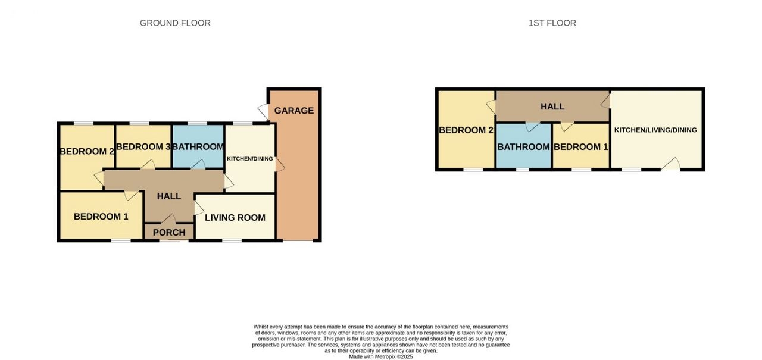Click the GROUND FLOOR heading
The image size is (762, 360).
tap(175, 23)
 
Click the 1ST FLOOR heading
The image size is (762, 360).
tap(552, 23)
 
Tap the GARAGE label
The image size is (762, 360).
tap(294, 111)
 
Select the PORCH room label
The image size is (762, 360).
tap(169, 233)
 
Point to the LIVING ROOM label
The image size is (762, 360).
tap(235, 218)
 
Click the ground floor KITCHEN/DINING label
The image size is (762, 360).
tap(249, 159)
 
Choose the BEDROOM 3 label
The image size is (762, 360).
tap(143, 147)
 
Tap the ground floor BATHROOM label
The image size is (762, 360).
tap(198, 147)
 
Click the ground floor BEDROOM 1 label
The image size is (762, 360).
tap(101, 217)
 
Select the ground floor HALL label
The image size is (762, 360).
tap(168, 196)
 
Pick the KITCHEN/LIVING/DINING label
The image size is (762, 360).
tap(655, 130)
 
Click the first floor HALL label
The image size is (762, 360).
tap(552, 107)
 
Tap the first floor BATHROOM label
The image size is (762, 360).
tap(523, 147)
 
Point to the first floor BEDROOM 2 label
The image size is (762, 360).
tap(466, 130)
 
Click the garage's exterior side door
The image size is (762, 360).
tap(263, 111)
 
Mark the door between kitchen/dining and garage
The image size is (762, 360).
tap(280, 165)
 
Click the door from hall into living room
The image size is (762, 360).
tap(199, 208)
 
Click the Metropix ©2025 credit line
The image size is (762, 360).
tap(380, 356)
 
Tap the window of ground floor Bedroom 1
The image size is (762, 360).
tap(121, 240)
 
